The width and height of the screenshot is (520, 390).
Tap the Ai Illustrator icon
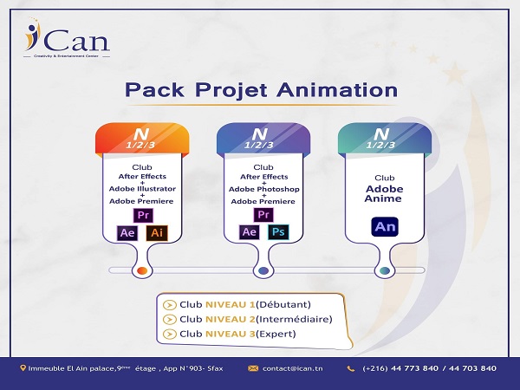pyautogui.click(x=156, y=232)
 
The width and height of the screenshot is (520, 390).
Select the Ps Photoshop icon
pyautogui.click(x=278, y=232)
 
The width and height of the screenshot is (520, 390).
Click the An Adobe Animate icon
pyautogui.click(x=384, y=227)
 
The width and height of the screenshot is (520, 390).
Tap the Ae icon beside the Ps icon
pyautogui.click(x=250, y=232)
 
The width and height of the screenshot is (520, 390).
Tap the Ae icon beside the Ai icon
pyautogui.click(x=127, y=232)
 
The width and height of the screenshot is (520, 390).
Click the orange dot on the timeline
pyautogui.click(x=142, y=270)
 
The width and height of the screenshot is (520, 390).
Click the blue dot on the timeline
pyautogui.click(x=263, y=270)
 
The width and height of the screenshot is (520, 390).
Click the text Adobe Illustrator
pyautogui.click(x=142, y=188)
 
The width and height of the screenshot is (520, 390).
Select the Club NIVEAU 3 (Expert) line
pyautogui.click(x=232, y=334)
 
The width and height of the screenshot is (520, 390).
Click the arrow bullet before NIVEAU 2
pyautogui.click(x=169, y=319)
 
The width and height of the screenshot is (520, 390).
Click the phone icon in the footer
pyautogui.click(x=351, y=368)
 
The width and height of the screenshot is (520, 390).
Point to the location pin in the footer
pyautogui.click(x=23, y=368)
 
